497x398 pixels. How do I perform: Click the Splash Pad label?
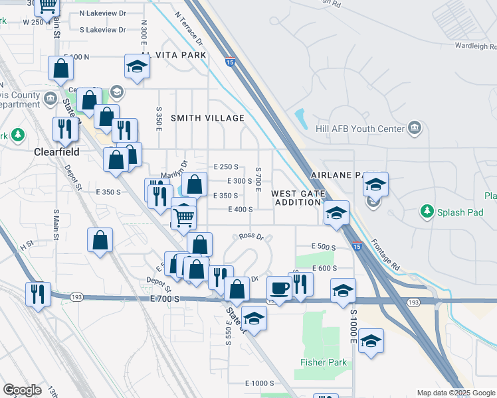pos(457,212)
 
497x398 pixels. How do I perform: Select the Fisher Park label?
pos(314,363)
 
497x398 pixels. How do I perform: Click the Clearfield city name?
pos(56,151)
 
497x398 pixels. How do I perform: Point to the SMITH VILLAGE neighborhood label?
pos(207,118)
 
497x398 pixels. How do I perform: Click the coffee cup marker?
pos(279,289)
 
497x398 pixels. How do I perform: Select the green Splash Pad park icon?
pos(427,212)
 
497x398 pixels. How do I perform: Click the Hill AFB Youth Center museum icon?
pos(415,127)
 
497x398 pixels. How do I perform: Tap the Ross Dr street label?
pos(251,236)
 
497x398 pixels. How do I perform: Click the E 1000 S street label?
pos(259,383)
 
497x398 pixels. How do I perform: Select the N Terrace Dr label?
pos(188,28)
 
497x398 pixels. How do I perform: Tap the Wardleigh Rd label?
pos(476,46)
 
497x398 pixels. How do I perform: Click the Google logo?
pos(22,390)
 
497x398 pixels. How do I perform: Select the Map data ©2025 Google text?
pos(456,393)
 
